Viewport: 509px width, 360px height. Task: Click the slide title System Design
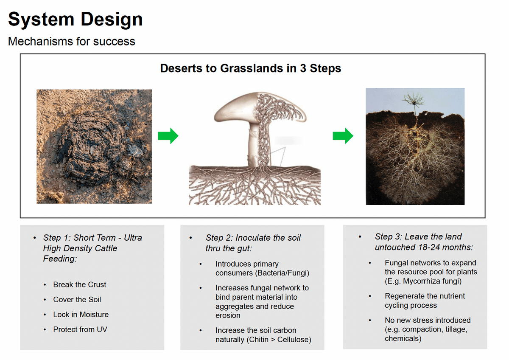click(x=75, y=20)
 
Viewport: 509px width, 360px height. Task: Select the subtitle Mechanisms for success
click(x=72, y=41)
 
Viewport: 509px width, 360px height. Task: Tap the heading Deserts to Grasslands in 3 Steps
click(x=251, y=68)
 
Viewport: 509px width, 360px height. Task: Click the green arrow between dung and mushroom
click(x=168, y=136)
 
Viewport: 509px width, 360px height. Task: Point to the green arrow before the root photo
click(x=343, y=136)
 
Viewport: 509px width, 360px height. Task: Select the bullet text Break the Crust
click(x=80, y=284)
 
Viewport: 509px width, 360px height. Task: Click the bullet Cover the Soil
click(x=77, y=300)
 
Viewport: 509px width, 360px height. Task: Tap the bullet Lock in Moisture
click(x=81, y=315)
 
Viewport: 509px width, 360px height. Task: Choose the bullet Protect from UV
click(x=80, y=329)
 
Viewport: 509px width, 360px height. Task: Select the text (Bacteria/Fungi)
click(x=282, y=273)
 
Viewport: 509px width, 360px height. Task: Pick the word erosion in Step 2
click(x=228, y=315)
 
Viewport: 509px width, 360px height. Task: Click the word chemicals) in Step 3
click(x=403, y=338)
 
